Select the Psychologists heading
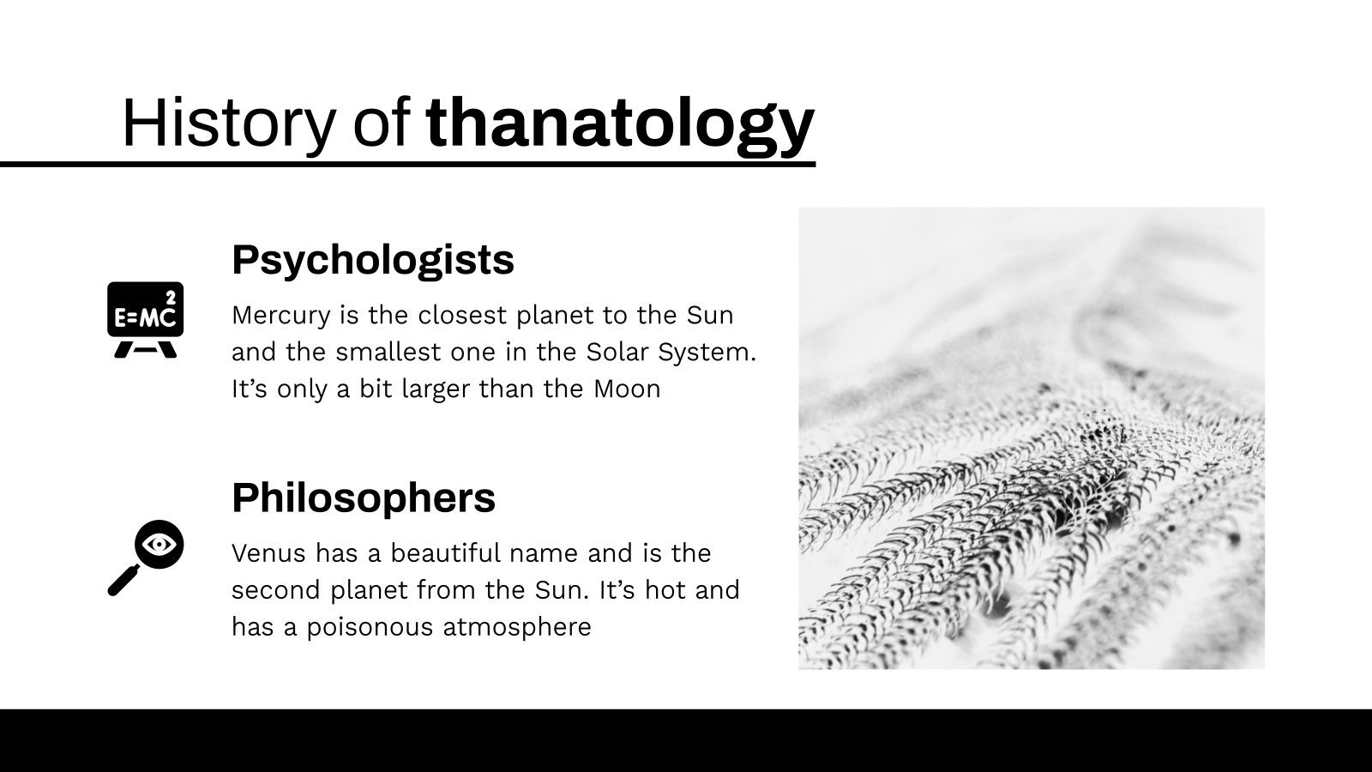click(x=373, y=260)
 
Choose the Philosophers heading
click(x=364, y=498)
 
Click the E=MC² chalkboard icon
click(x=145, y=320)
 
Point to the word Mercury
click(x=281, y=317)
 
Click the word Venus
click(x=268, y=553)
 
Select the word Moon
click(x=627, y=389)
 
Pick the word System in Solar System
click(x=707, y=353)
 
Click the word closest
click(x=462, y=316)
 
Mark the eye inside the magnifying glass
click(x=159, y=544)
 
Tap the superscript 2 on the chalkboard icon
click(x=171, y=298)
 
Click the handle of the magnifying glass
click(x=123, y=581)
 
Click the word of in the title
click(x=381, y=124)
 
